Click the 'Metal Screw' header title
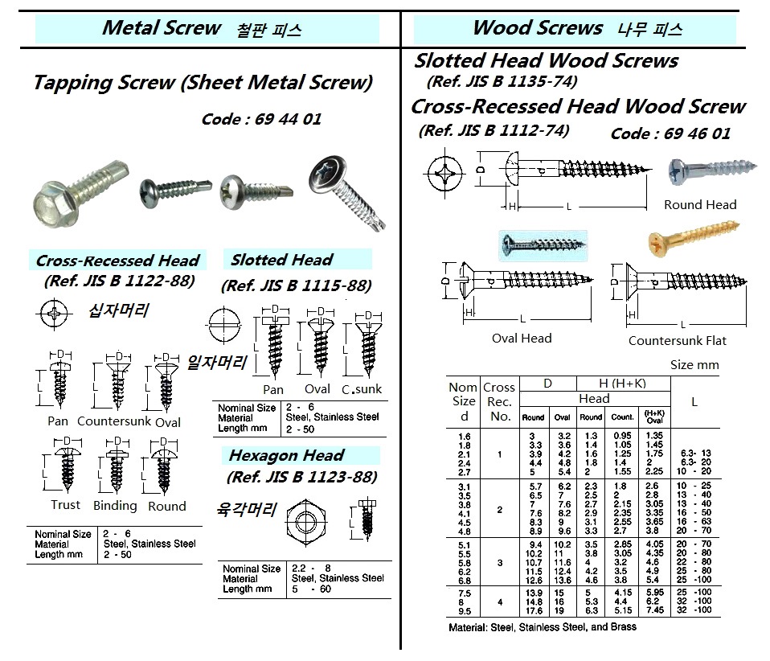tap(161, 29)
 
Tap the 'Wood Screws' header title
tap(537, 29)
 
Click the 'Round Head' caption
tap(699, 205)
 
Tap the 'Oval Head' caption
tap(522, 339)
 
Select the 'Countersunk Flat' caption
tap(677, 340)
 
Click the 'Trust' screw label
tap(65, 505)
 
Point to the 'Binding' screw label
tap(114, 506)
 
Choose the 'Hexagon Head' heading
tap(286, 455)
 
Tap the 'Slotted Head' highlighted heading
tap(281, 260)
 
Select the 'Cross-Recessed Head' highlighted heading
tap(117, 261)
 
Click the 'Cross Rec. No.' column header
tap(499, 401)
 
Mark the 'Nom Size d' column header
tap(463, 400)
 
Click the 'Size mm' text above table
tap(694, 364)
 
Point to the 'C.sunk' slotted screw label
tap(362, 389)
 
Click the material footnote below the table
tap(542, 626)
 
